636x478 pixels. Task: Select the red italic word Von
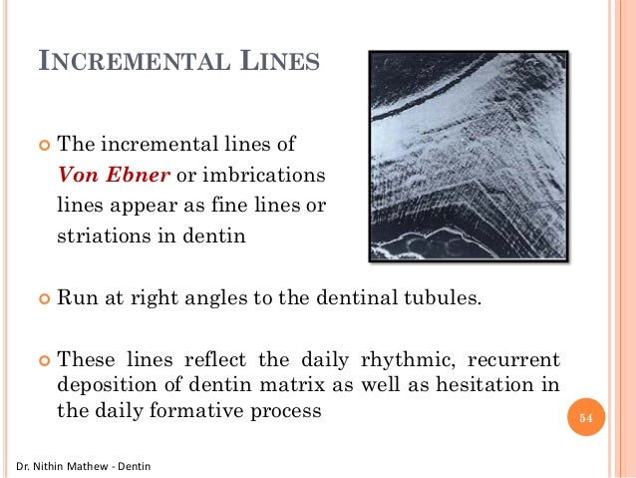(x=77, y=177)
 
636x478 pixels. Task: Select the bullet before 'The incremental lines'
(x=42, y=145)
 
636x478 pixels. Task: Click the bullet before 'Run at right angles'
(x=42, y=296)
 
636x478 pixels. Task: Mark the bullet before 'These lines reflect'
(x=42, y=358)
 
